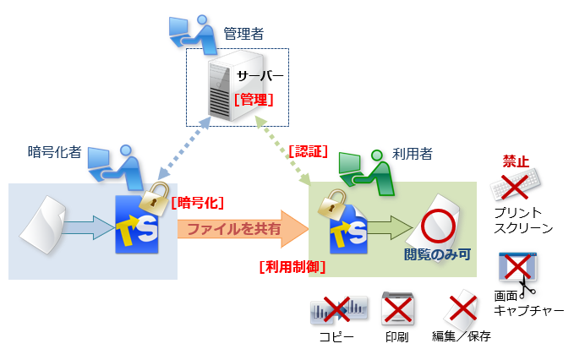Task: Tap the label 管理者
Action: [243, 34]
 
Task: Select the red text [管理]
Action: [254, 99]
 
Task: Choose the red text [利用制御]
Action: [292, 267]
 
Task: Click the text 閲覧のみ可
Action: [436, 254]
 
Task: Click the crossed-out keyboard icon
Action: [517, 185]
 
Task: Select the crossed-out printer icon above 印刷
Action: [397, 310]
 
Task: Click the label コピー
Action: [336, 336]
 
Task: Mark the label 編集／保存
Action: [462, 336]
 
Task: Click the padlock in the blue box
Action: [154, 199]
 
